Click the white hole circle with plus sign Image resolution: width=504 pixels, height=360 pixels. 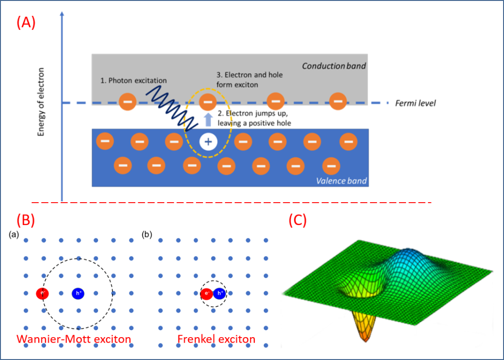click(x=208, y=141)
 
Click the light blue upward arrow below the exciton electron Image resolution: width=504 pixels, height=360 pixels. click(x=208, y=120)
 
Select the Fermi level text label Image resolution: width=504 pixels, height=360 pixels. click(x=415, y=103)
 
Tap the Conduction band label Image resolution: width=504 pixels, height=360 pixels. click(x=334, y=66)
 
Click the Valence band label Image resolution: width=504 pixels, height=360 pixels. click(x=341, y=181)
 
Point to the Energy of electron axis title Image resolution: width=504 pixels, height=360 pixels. click(x=41, y=102)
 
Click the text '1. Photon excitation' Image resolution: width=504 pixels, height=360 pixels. click(x=133, y=80)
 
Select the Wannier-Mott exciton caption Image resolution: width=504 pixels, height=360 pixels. click(x=74, y=339)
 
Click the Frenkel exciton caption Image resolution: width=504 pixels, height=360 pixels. click(x=217, y=339)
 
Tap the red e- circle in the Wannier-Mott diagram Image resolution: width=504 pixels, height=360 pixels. click(x=42, y=293)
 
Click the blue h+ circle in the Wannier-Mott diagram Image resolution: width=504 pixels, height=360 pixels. click(x=78, y=293)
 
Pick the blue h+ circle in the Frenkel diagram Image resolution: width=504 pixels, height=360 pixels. click(x=220, y=293)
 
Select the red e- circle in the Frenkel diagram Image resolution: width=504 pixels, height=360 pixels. click(x=206, y=293)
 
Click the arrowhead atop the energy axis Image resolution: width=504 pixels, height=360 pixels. click(x=62, y=14)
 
